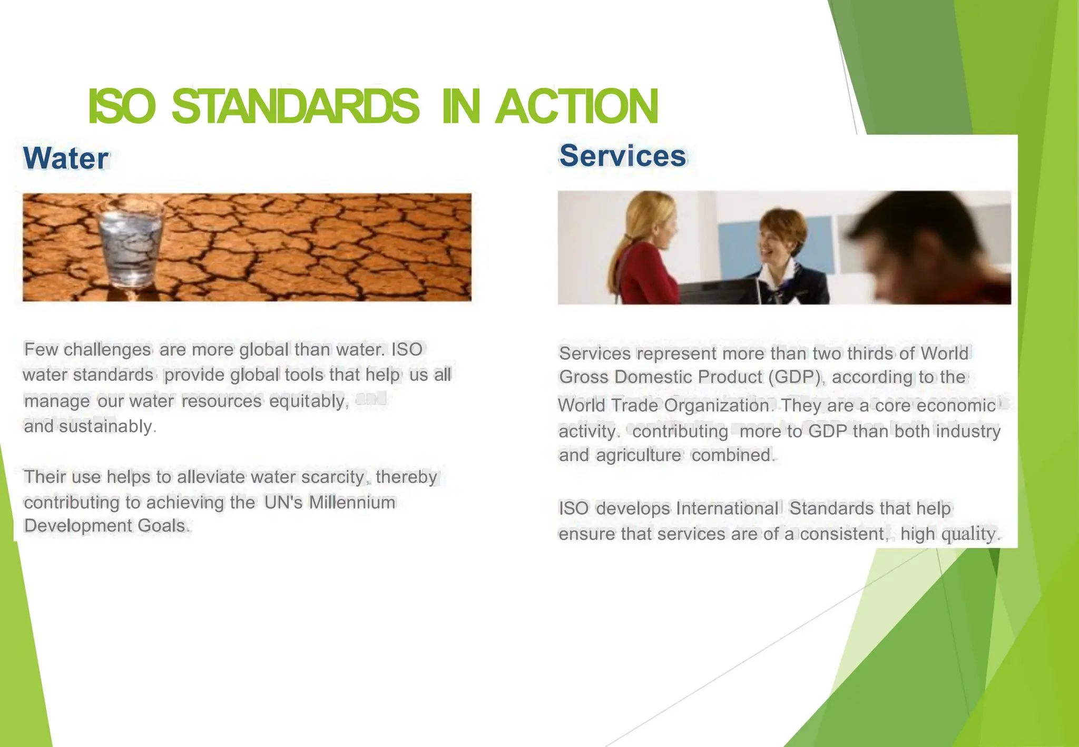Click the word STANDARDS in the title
click(295, 106)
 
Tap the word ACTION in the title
click(577, 106)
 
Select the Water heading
click(66, 158)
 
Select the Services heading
click(623, 156)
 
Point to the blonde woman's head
click(651, 221)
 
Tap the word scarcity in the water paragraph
click(332, 477)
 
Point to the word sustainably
click(106, 426)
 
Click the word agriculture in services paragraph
click(639, 455)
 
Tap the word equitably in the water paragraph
click(307, 401)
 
